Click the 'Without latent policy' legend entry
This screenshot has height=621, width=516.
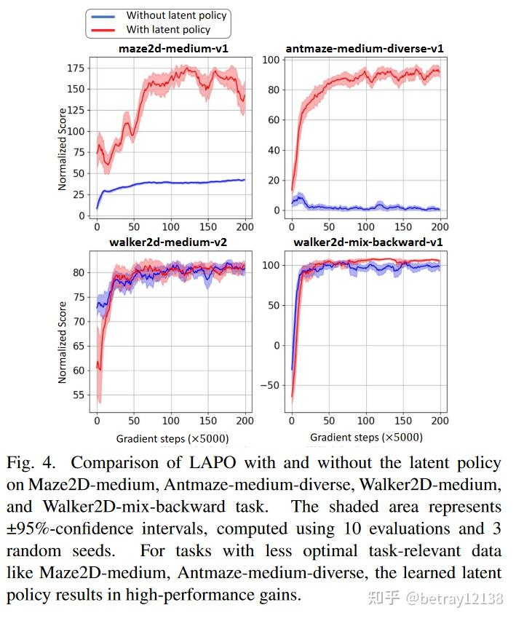176,15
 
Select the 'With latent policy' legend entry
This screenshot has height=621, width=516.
168,30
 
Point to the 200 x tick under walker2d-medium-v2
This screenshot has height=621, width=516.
245,421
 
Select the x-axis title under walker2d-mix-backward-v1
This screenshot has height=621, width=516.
366,438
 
